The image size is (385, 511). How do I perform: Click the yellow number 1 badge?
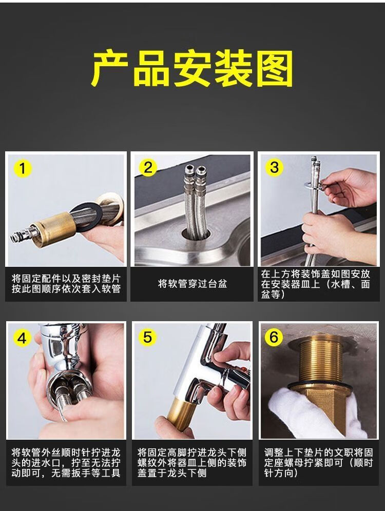[x=22, y=168]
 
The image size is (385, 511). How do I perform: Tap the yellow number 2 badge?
[x=148, y=167]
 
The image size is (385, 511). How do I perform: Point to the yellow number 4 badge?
[x=22, y=339]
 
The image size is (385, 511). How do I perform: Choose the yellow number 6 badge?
[x=274, y=337]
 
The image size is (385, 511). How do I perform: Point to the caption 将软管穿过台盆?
[x=192, y=284]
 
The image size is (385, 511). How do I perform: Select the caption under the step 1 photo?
[x=66, y=284]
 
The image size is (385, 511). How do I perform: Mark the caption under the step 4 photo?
[x=66, y=463]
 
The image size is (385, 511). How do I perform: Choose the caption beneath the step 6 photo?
[x=318, y=463]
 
